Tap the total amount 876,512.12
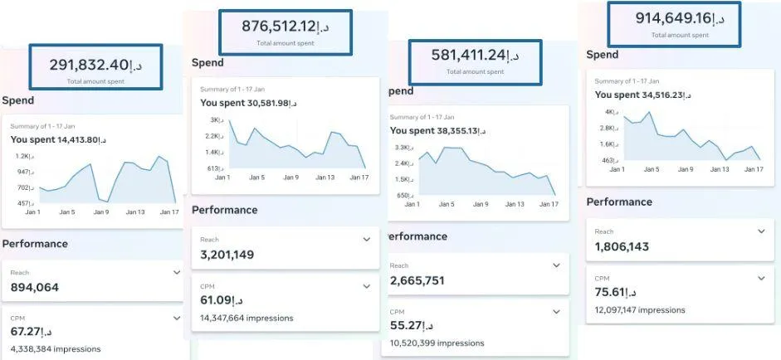click(286, 27)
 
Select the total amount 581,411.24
click(475, 56)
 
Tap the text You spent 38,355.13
click(437, 131)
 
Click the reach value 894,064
click(35, 288)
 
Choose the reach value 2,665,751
click(417, 280)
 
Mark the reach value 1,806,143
click(622, 246)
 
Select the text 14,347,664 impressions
click(247, 318)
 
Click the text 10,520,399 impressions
click(437, 343)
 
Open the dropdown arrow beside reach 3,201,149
click(367, 240)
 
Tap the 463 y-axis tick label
click(608, 160)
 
